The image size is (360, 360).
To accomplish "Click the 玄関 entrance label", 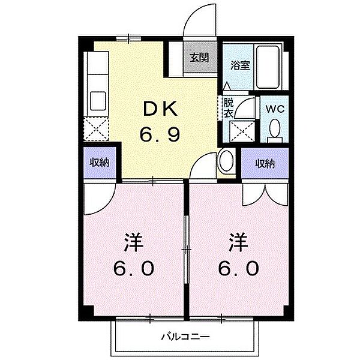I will tap(200, 58).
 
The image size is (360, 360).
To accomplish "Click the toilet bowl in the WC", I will tap(275, 128).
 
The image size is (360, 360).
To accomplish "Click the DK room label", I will tap(160, 109).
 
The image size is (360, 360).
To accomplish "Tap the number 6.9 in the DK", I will tap(160, 135).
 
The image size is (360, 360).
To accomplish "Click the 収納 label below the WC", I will tap(264, 162).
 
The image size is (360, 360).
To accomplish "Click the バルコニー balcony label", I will tap(185, 336).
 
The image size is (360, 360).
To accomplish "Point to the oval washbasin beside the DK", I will tap(227, 162).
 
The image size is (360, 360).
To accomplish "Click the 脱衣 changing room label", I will tap(228, 107).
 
